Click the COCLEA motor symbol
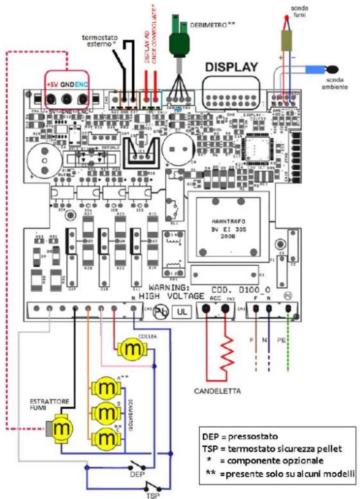(x=129, y=348)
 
